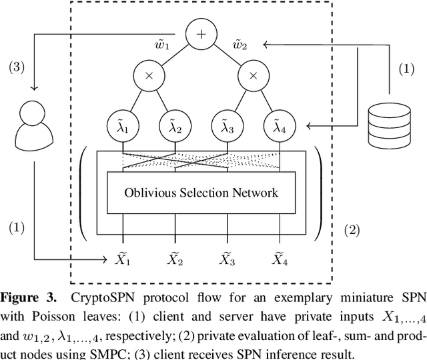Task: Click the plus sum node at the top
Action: (x=199, y=33)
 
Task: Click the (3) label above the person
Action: (x=17, y=67)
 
